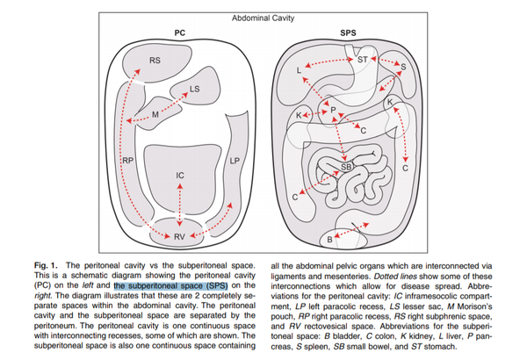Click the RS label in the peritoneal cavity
(154, 61)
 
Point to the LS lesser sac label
(195, 89)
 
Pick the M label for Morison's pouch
(155, 115)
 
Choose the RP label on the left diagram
(128, 161)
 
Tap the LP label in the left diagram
(235, 162)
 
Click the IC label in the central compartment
(179, 176)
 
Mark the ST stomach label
(362, 59)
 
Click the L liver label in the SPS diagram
(300, 68)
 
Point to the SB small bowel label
(346, 165)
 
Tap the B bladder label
(330, 239)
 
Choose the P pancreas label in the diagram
(333, 109)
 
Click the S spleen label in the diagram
(402, 67)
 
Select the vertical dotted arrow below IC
(179, 205)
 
